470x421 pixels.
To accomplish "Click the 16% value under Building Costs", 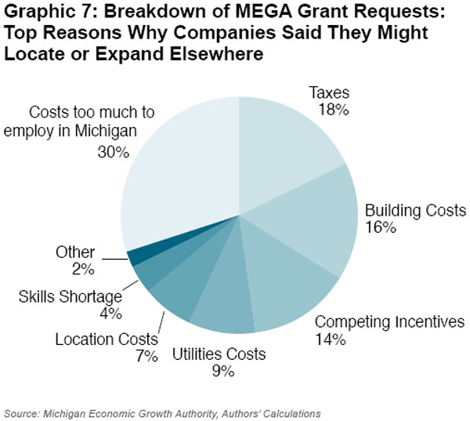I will [x=381, y=228].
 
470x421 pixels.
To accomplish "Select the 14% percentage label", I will [x=331, y=339].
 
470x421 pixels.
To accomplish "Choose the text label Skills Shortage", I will [x=70, y=296].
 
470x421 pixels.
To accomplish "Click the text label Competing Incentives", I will [x=389, y=322].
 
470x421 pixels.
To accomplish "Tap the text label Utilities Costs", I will [x=219, y=354].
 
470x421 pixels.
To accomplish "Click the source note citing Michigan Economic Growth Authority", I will [x=162, y=412].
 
